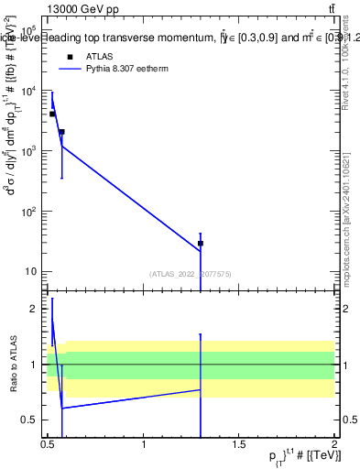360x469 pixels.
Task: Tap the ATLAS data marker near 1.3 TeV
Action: [200, 244]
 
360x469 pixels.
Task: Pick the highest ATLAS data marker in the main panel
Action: [52, 114]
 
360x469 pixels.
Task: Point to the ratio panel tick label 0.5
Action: [32, 420]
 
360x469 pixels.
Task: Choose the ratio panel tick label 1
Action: [37, 365]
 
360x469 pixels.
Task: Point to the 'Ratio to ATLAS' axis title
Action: [12, 365]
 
